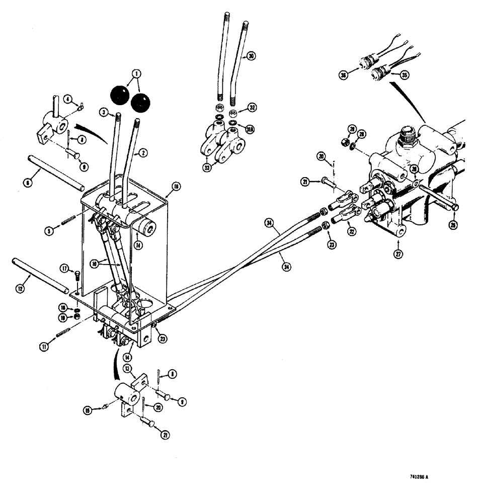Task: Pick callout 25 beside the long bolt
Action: pos(453,225)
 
